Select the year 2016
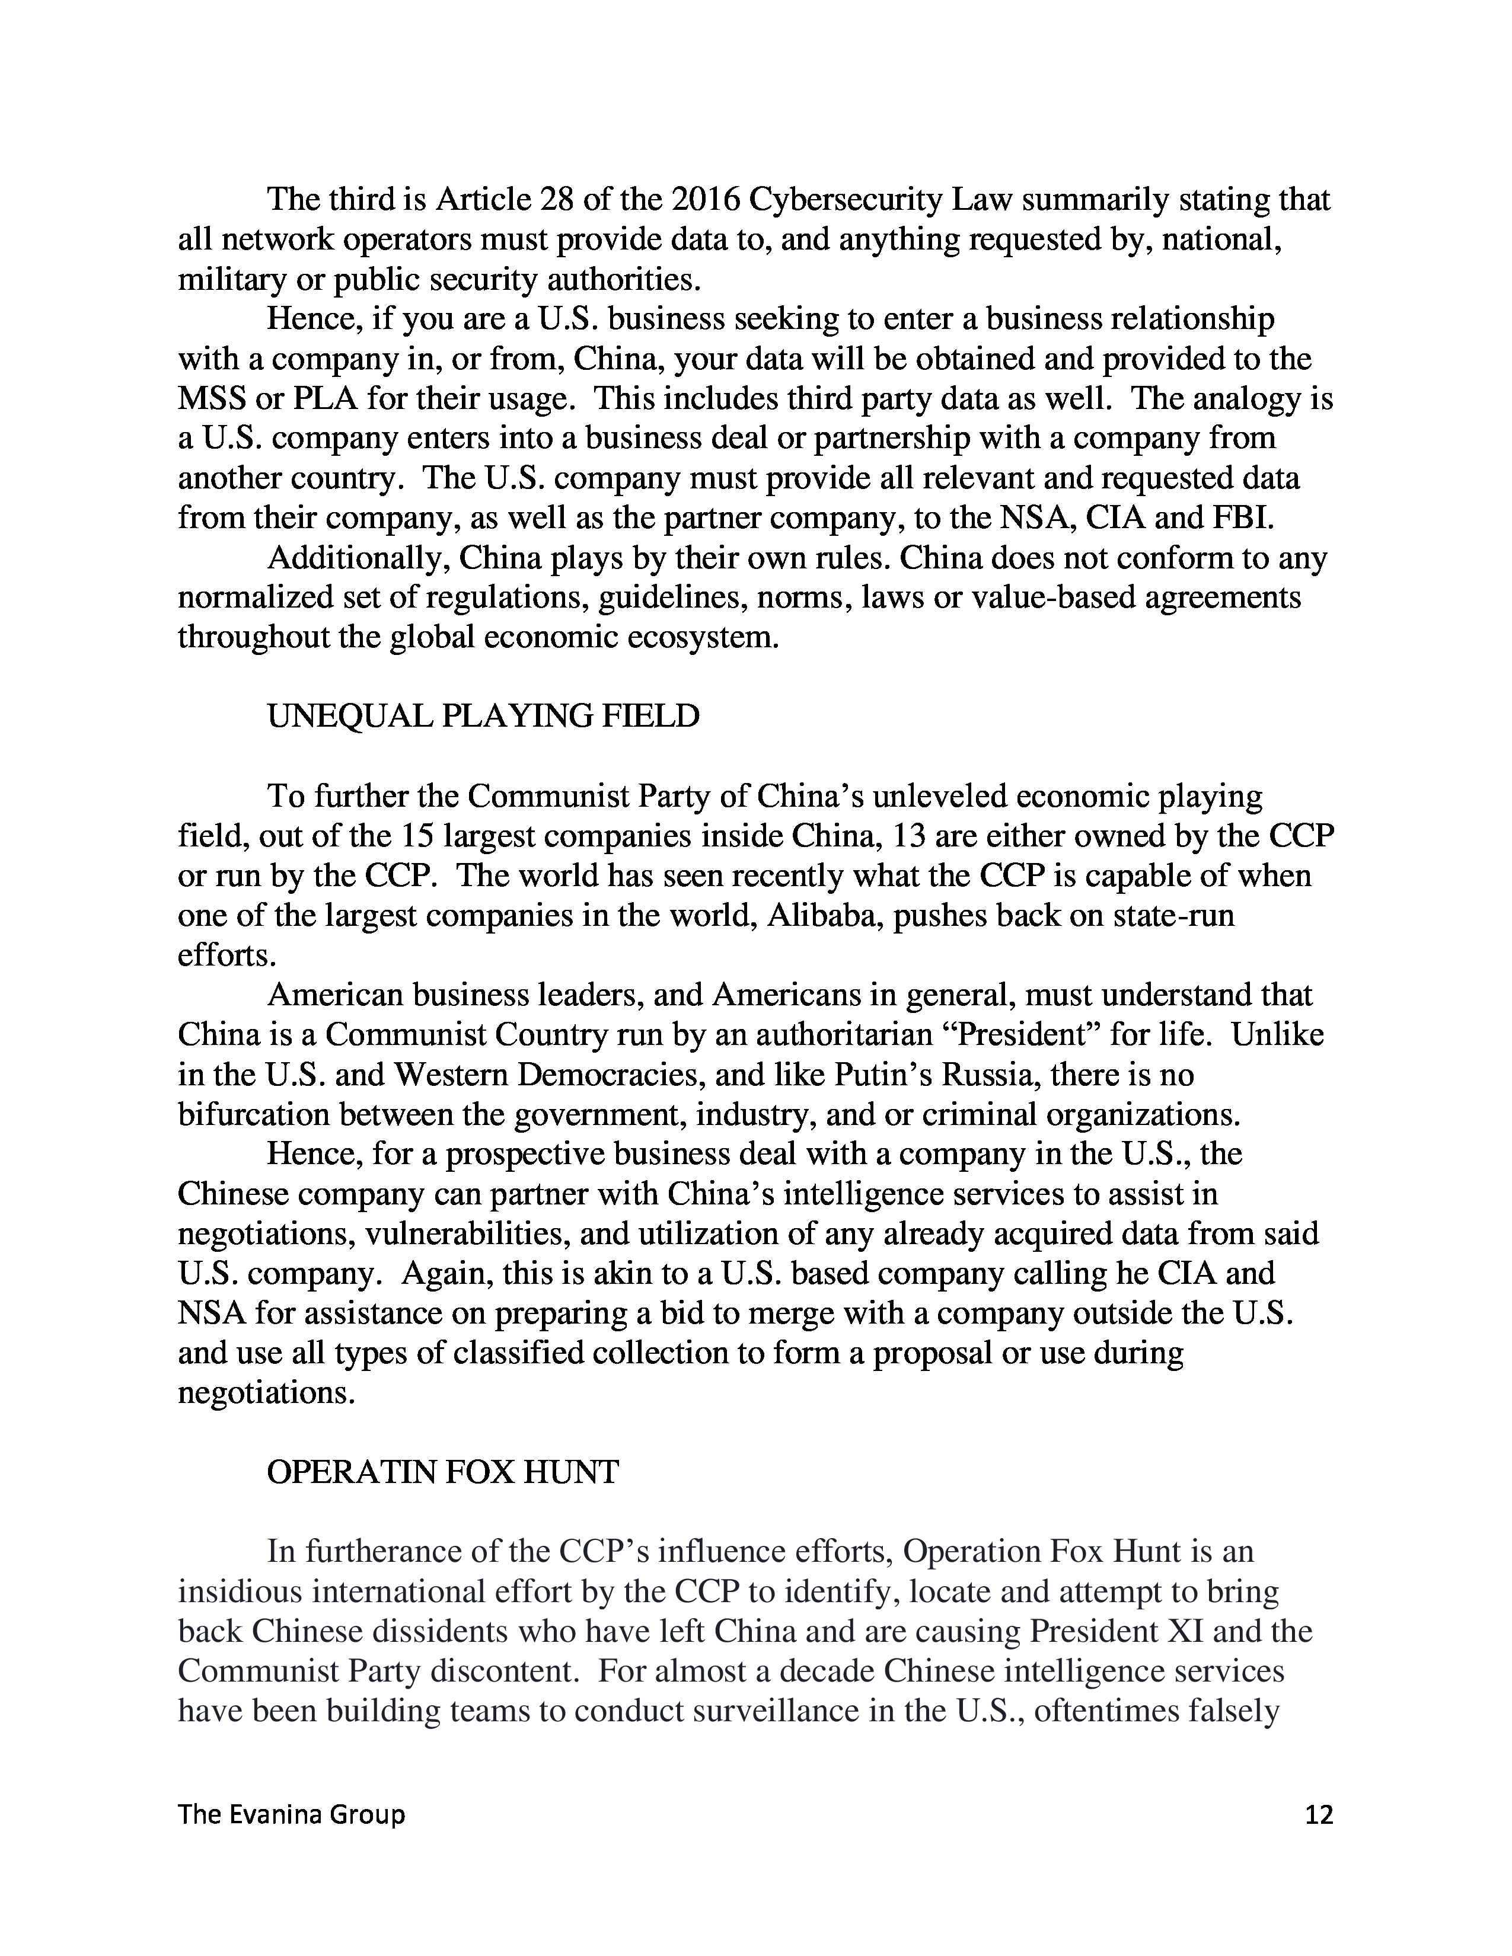(x=705, y=199)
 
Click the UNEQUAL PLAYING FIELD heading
(x=483, y=717)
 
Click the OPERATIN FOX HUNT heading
(x=442, y=1472)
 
